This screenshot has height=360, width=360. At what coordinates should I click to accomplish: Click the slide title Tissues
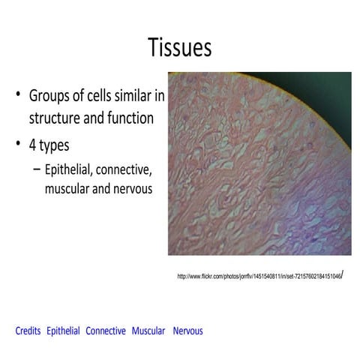[x=180, y=47]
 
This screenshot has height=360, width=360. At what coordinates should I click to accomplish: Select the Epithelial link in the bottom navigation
[x=63, y=331]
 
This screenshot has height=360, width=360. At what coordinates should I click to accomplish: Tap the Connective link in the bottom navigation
[x=106, y=331]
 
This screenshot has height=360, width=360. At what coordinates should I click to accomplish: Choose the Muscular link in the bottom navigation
[x=148, y=331]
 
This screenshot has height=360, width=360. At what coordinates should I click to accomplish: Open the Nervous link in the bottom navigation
[x=187, y=331]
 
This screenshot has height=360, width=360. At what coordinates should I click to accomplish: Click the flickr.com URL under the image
[x=259, y=276]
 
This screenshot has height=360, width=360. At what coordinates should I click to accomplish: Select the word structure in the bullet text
[x=56, y=118]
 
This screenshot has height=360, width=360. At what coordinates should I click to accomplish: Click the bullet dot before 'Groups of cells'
[x=17, y=97]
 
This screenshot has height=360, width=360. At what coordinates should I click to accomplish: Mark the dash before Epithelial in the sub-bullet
[x=37, y=169]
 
